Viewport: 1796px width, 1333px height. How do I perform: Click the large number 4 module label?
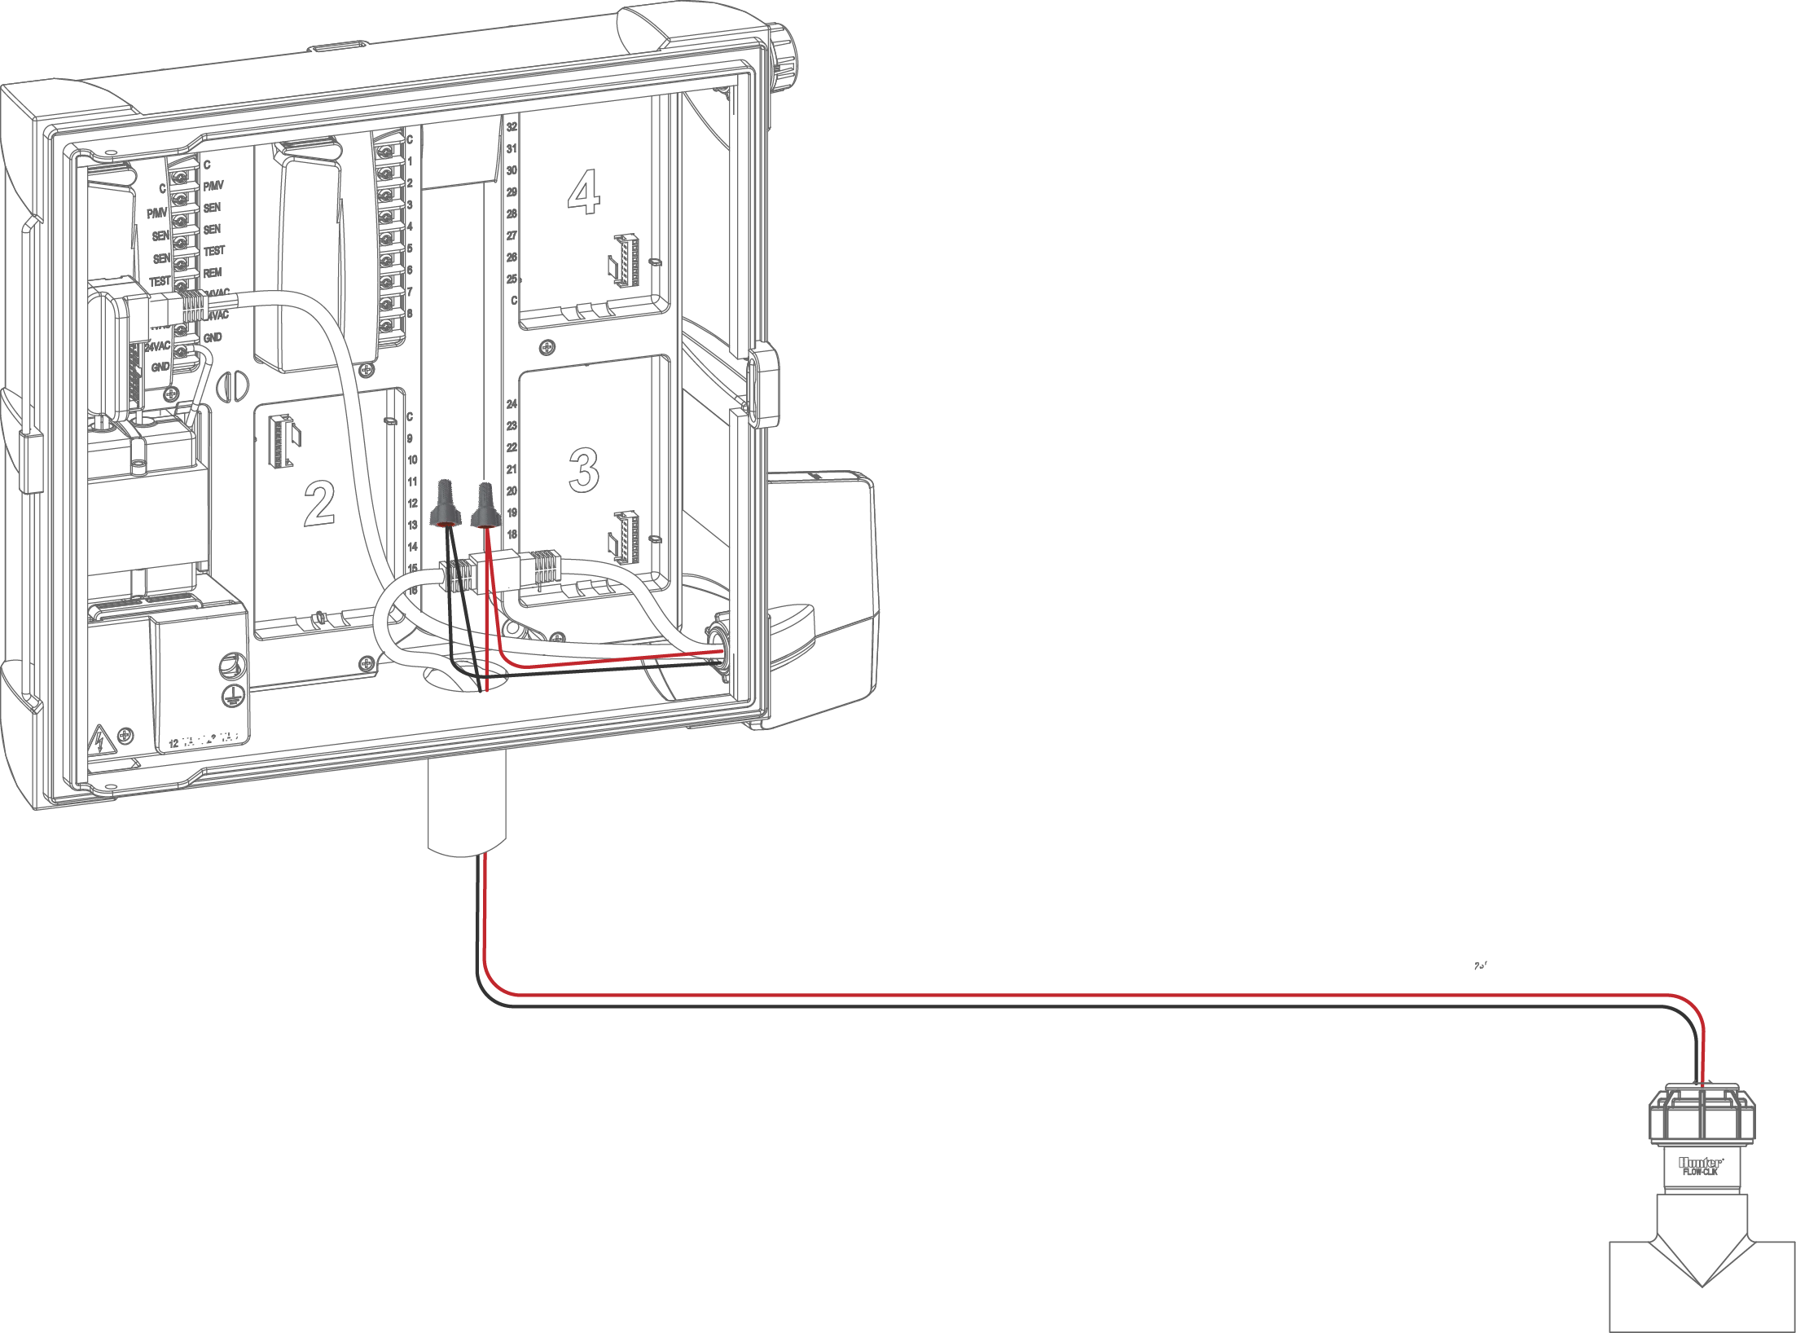583,192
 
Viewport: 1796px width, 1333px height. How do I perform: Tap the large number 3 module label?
583,469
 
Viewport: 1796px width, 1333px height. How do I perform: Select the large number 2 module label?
318,503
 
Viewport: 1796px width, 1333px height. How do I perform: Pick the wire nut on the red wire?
485,505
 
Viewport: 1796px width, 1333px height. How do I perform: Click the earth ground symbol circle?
232,695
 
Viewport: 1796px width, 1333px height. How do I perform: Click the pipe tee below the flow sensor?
1702,1287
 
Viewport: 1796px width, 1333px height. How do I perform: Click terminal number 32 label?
512,127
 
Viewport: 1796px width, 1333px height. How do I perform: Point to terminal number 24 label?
512,404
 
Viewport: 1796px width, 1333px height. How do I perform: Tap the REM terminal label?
213,272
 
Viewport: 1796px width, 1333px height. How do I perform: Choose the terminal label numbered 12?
412,504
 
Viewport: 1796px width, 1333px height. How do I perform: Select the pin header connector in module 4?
627,260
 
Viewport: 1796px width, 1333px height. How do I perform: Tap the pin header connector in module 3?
626,537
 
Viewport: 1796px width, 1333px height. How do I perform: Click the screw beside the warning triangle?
125,737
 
